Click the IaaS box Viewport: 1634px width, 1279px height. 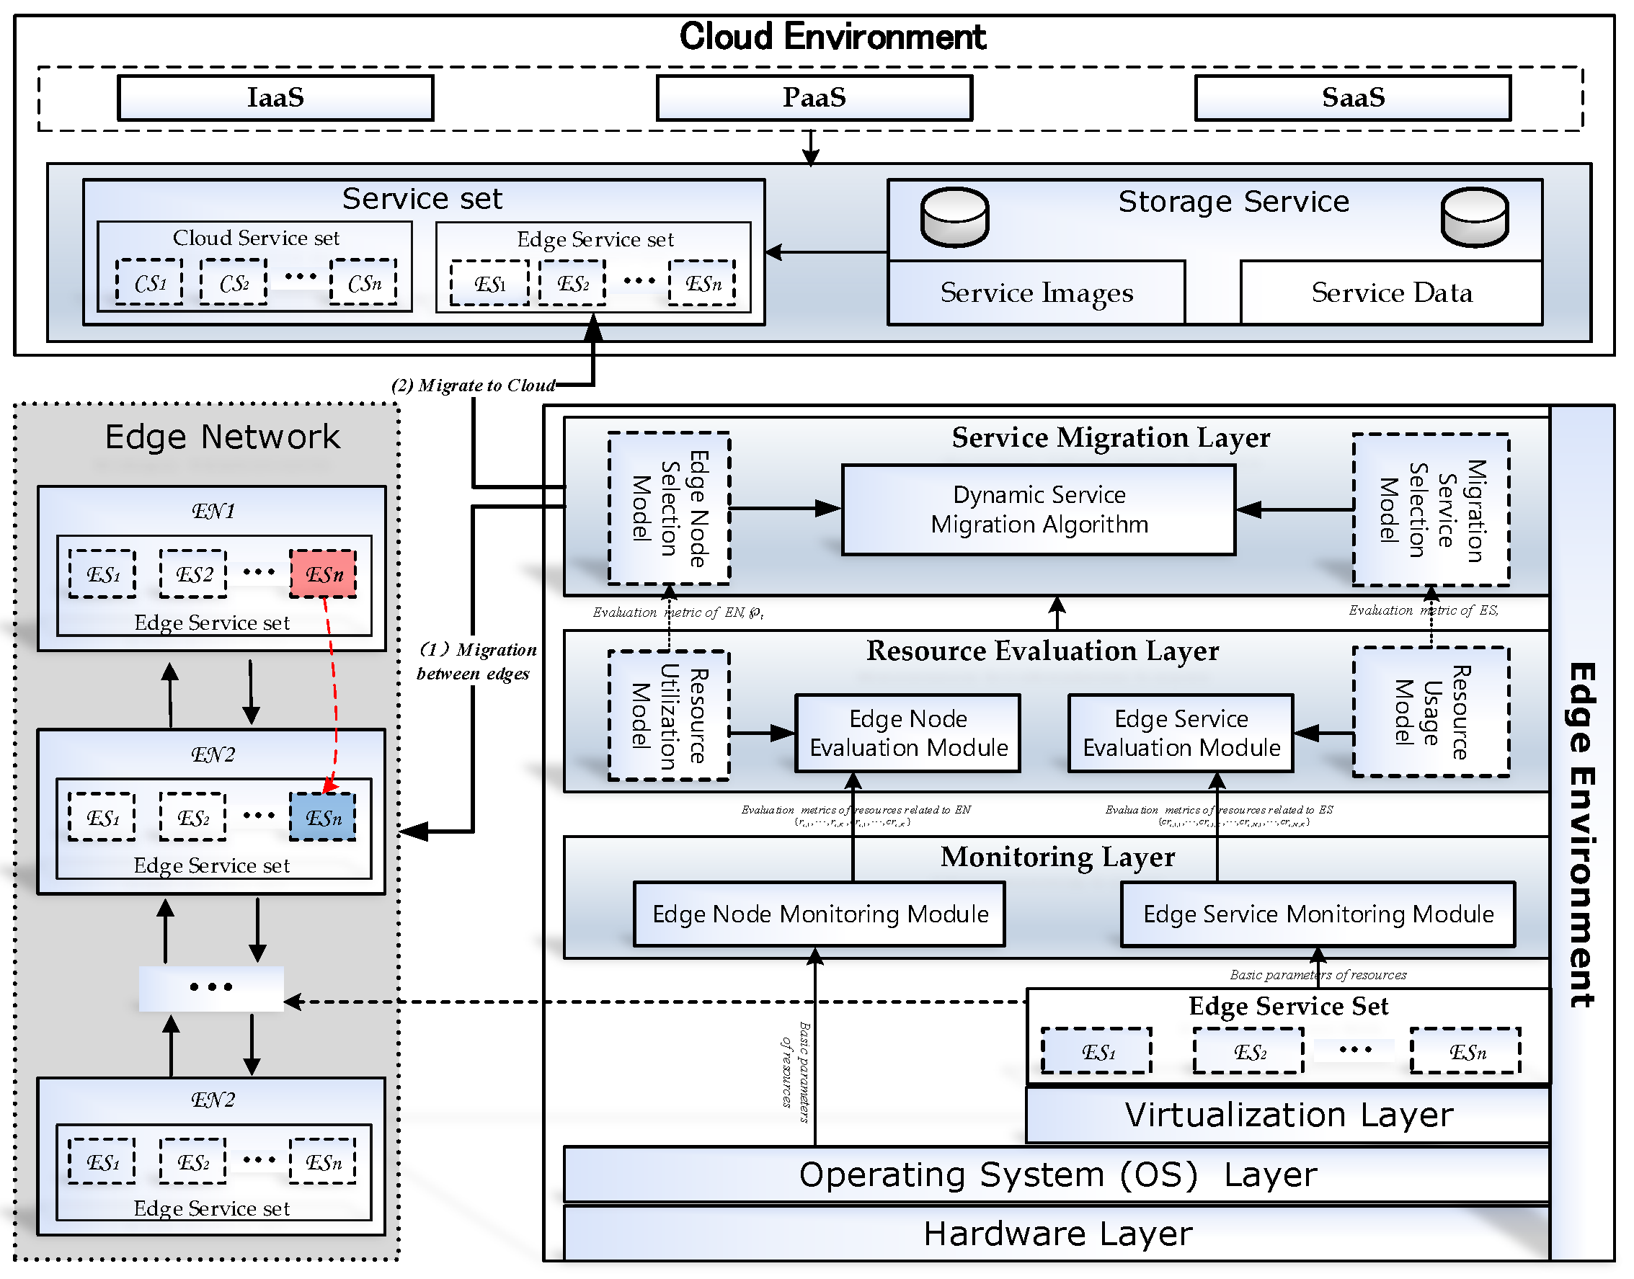click(x=275, y=97)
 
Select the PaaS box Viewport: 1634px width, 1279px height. click(x=814, y=97)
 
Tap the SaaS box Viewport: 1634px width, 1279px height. click(x=1352, y=97)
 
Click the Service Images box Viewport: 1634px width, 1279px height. click(x=1036, y=293)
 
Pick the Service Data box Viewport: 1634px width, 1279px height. click(x=1391, y=293)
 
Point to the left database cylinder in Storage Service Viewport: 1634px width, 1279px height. click(x=954, y=217)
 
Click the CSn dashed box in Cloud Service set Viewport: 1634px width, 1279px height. click(x=364, y=282)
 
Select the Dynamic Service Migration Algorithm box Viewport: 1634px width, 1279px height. click(x=1039, y=510)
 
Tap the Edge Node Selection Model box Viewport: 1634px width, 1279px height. click(x=669, y=509)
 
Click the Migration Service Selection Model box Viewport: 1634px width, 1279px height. click(x=1431, y=510)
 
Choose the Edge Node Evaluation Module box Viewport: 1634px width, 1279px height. click(x=907, y=733)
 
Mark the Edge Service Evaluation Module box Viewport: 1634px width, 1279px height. click(x=1181, y=733)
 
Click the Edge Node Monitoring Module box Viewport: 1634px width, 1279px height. click(x=820, y=914)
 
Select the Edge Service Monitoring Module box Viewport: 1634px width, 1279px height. click(x=1318, y=914)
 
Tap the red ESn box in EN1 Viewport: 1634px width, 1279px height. click(x=324, y=574)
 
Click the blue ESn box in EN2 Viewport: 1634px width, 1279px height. click(x=324, y=817)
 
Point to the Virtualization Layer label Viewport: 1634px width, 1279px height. click(x=1288, y=1115)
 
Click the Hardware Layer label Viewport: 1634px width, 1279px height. click(x=1057, y=1234)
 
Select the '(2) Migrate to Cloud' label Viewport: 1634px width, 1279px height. click(x=474, y=386)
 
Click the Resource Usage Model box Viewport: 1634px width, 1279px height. click(x=1431, y=712)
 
